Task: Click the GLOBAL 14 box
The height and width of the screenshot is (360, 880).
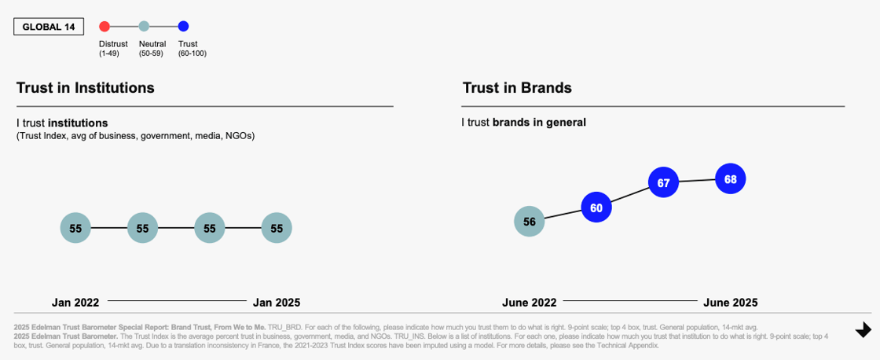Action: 49,27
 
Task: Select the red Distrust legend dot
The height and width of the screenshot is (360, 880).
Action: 104,27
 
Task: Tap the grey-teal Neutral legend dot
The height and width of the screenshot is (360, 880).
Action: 144,27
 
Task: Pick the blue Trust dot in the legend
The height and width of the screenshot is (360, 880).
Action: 184,27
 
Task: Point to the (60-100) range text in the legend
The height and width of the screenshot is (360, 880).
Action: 192,53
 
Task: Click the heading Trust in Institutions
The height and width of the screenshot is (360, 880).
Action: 85,88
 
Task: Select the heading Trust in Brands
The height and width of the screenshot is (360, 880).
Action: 516,88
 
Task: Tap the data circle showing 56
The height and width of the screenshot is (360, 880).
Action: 529,222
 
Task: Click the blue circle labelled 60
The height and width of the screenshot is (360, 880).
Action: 596,208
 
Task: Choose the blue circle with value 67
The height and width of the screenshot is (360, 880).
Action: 663,182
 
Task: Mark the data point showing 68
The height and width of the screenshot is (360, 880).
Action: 730,179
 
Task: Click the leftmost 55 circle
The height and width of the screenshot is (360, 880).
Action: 75,228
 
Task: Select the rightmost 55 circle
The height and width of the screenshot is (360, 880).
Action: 277,228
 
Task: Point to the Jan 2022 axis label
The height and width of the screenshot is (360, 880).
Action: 75,303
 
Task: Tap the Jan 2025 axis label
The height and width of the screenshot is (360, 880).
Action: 276,303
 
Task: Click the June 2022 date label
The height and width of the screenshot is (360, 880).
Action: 529,303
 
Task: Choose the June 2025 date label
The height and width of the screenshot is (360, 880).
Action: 730,303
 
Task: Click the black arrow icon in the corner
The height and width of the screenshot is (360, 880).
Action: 863,330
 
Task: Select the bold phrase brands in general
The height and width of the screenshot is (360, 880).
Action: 539,123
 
